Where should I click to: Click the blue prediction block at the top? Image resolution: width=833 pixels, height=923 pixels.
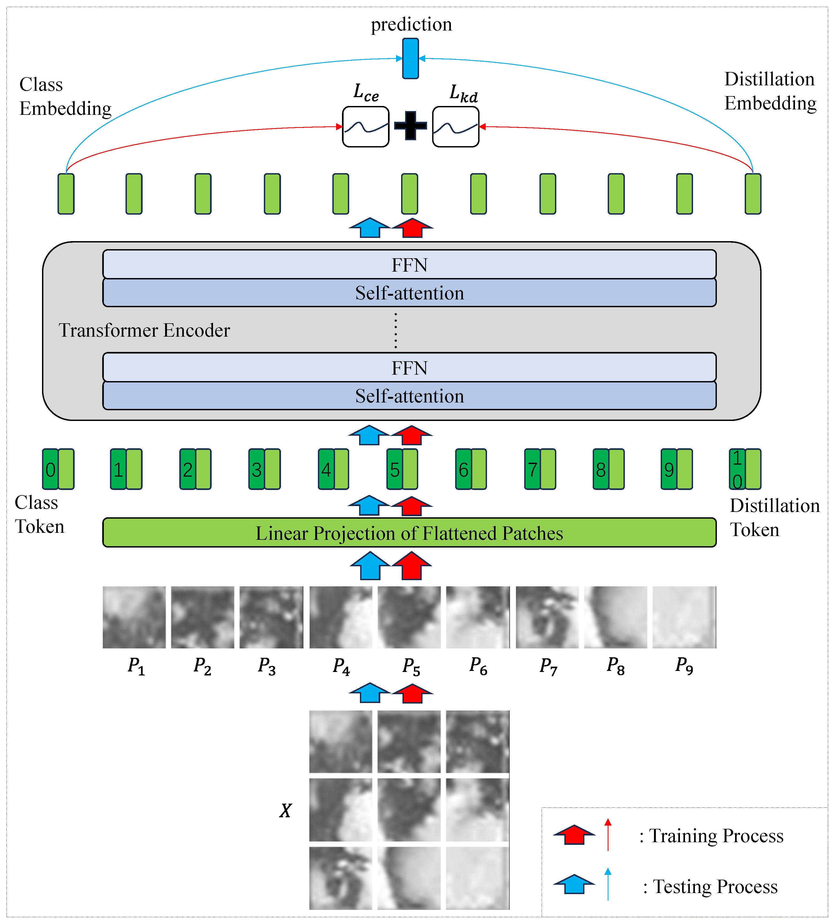410,59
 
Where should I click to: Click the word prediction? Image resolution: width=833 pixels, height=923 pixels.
411,24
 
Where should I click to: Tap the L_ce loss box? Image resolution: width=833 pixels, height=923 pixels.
366,127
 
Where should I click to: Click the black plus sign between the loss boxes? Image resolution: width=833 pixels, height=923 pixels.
410,126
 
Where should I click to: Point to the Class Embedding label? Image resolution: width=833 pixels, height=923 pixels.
65,97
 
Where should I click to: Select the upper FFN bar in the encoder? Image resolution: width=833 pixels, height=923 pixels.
409,265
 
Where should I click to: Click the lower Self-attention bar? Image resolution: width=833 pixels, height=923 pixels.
409,396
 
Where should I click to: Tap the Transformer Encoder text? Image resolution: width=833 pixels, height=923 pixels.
144,330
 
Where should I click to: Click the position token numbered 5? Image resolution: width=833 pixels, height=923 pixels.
394,470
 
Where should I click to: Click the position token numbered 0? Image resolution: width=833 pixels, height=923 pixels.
50,470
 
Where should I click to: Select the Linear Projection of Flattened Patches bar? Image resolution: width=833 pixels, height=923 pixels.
409,533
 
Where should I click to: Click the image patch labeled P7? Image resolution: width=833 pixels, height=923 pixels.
547,617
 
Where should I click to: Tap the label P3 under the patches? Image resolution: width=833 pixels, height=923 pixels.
267,666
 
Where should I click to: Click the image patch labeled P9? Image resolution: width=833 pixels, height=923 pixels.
684,617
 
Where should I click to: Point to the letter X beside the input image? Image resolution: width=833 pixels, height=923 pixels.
285,811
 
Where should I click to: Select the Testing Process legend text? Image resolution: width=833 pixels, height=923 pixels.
714,887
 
